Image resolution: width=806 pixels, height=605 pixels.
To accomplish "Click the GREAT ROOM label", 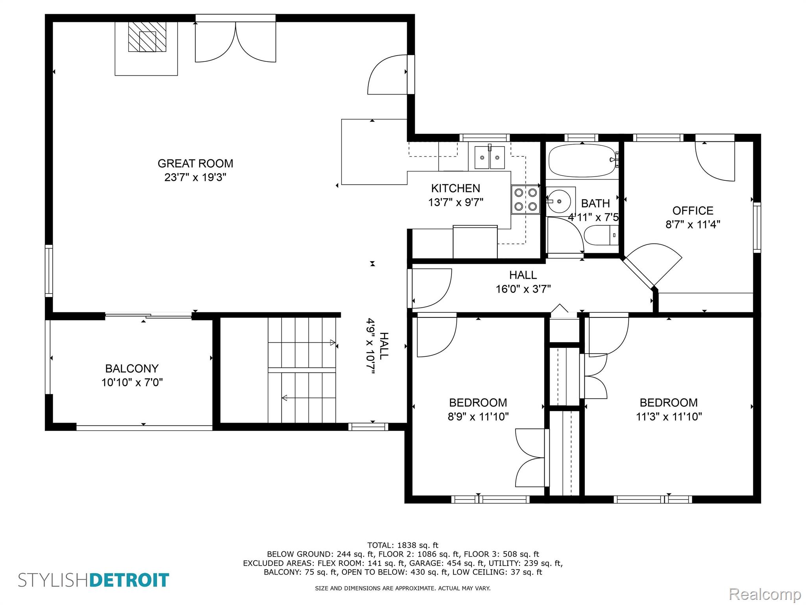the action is [x=195, y=163].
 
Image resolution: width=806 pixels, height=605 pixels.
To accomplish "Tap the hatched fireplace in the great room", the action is [x=147, y=36].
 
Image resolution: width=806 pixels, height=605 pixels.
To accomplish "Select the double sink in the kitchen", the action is [x=490, y=157].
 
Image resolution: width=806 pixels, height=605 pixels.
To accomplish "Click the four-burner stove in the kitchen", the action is [x=526, y=199].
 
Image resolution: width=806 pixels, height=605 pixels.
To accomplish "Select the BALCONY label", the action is [x=132, y=369].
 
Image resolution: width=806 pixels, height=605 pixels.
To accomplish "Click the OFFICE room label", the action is [x=693, y=211].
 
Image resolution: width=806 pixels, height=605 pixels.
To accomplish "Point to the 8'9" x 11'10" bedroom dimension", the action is [x=478, y=416].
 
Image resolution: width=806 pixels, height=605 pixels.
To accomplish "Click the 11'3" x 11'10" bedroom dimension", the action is [x=669, y=416].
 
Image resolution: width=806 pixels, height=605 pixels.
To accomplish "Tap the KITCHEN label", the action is [x=456, y=188].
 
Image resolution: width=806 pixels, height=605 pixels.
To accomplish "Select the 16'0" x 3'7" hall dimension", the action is [x=523, y=289].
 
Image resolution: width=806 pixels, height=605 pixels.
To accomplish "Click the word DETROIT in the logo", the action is [x=129, y=580].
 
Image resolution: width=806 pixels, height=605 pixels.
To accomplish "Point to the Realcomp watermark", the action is [x=765, y=594].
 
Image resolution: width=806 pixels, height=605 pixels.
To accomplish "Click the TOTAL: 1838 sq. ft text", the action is [x=403, y=546].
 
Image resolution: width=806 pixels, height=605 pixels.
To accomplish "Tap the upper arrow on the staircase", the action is [x=302, y=343].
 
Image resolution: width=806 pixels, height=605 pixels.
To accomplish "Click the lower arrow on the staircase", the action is [x=309, y=398].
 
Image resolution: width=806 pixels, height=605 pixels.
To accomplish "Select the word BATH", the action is [x=595, y=204].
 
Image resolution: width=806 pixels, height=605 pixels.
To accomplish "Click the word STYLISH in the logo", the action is [x=54, y=580].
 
